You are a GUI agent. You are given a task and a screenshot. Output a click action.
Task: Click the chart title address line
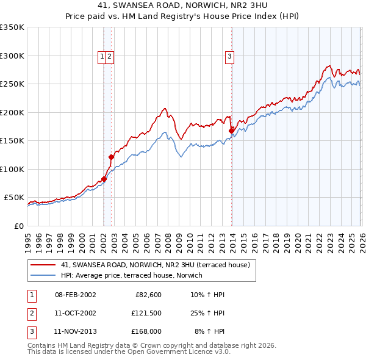coord(183,5)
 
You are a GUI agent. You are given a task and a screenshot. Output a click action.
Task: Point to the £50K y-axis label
coord(14,198)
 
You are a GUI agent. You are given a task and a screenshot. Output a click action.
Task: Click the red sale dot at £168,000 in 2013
coord(231,130)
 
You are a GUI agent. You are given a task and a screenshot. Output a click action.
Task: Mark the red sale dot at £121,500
coord(111,157)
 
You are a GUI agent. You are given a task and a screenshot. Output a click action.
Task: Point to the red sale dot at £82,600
coord(104,179)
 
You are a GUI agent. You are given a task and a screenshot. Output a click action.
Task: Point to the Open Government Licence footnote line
coord(129,351)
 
